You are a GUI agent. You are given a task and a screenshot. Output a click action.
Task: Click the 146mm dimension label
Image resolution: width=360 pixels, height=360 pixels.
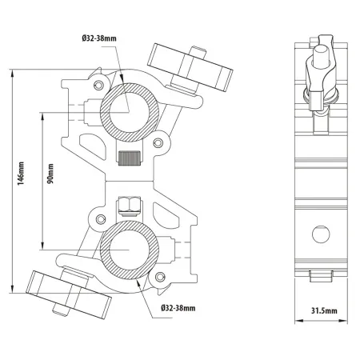[x=21, y=174]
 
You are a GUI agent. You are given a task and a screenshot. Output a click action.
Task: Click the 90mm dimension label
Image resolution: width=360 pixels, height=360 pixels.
[x=50, y=174]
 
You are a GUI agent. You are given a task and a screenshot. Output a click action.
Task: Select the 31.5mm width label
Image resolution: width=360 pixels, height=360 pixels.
[x=324, y=310]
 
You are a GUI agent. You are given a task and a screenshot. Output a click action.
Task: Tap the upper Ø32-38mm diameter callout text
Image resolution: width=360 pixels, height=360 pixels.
[x=99, y=38]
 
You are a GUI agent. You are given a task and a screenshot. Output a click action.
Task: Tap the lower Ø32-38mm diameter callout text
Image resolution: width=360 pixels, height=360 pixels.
[x=178, y=308]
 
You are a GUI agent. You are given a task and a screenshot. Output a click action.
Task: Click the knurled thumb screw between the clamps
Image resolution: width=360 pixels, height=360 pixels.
[x=130, y=158]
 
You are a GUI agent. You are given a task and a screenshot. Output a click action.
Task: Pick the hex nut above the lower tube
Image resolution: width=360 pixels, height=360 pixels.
[x=130, y=205]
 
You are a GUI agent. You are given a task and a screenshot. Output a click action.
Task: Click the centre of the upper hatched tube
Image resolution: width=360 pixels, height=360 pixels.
[x=130, y=113]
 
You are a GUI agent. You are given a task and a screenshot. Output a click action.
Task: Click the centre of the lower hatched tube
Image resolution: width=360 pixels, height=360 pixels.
[x=130, y=250]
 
